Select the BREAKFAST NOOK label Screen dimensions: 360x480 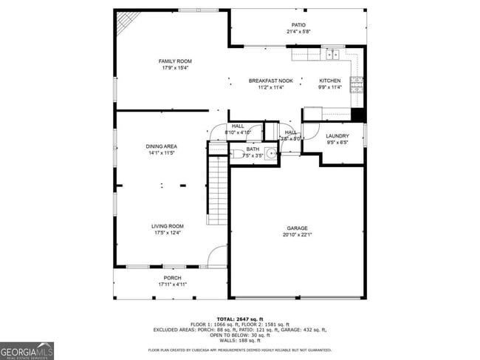270,81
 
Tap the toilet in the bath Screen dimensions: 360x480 238,154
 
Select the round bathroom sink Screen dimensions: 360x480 271,154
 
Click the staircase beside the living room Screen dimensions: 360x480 217,190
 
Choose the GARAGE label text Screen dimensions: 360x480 298,228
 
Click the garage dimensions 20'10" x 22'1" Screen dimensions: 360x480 298,236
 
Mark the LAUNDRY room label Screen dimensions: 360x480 337,136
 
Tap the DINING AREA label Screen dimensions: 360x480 161,146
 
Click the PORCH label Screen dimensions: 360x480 172,278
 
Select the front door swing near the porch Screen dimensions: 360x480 217,257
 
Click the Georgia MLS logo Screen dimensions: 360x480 27,350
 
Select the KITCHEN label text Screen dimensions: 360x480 329,81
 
